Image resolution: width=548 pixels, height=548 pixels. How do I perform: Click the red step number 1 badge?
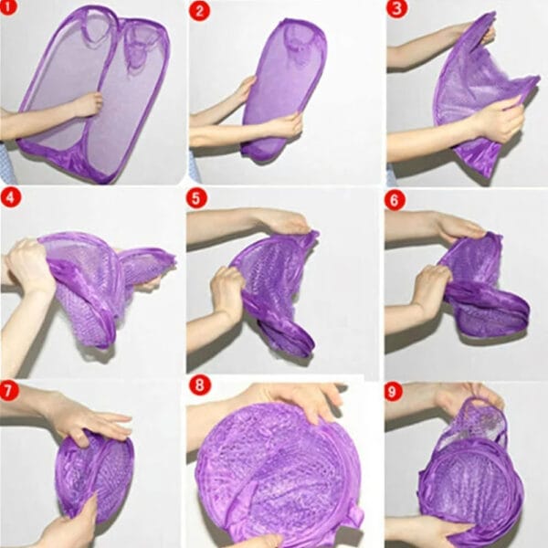pos(12,12)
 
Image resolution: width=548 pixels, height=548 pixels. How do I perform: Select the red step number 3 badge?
pos(395,11)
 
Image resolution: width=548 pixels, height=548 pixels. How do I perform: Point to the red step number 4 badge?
pos(11,198)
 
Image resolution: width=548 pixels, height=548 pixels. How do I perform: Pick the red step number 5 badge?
pos(197,198)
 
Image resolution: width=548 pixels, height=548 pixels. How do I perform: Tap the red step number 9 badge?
pos(395,392)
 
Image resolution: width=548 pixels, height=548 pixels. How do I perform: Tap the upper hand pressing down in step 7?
pos(91,419)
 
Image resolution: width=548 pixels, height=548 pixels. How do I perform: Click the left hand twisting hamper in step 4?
pos(33,264)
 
